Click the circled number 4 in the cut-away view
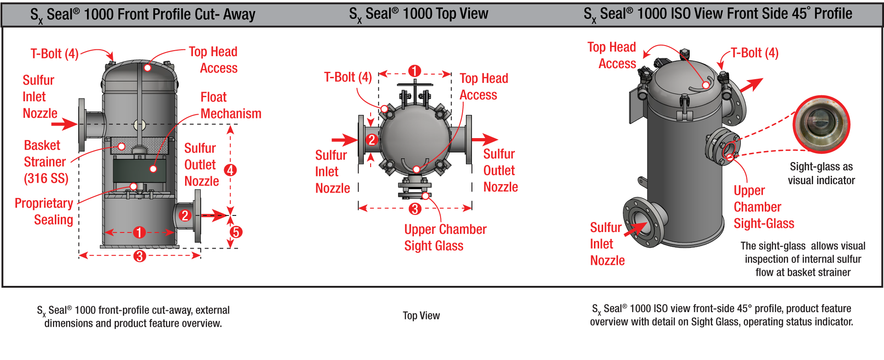click(230, 170)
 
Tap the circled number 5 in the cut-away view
click(236, 232)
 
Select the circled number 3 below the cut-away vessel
click(140, 256)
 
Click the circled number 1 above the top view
click(414, 71)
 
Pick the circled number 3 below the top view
click(415, 209)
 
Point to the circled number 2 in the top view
click(372, 139)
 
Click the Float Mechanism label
click(230, 105)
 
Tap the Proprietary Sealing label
click(44, 211)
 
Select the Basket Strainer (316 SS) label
click(45, 162)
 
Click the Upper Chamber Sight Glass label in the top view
click(445, 237)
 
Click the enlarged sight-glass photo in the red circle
click(821, 124)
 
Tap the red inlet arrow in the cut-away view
click(64, 124)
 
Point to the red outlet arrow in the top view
click(484, 139)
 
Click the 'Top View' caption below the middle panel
click(421, 316)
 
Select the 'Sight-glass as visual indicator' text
click(821, 173)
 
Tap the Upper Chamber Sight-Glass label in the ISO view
click(763, 207)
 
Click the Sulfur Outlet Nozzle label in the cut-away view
click(201, 164)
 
